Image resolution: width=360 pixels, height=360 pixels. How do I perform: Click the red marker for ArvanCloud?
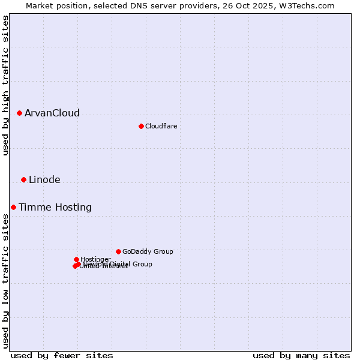pyautogui.click(x=19, y=113)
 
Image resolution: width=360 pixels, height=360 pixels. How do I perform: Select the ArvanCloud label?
pyautogui.click(x=52, y=113)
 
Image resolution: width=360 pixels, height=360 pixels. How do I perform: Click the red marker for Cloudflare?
pyautogui.click(x=141, y=126)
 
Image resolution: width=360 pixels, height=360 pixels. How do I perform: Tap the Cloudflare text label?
pyautogui.click(x=161, y=126)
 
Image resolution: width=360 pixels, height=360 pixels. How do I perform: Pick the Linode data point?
pyautogui.click(x=23, y=179)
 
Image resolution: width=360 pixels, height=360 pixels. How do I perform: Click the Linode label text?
pyautogui.click(x=44, y=180)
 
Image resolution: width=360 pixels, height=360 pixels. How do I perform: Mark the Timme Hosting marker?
pyautogui.click(x=13, y=207)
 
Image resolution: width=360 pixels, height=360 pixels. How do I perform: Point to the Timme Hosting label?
pyautogui.click(x=55, y=208)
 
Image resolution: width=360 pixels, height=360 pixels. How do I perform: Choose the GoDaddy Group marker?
pyautogui.click(x=118, y=251)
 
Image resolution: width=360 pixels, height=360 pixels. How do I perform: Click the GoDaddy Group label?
pyautogui.click(x=148, y=252)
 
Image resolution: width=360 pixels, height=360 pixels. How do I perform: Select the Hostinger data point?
pyautogui.click(x=76, y=259)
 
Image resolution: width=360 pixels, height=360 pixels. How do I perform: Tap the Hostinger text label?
pyautogui.click(x=95, y=259)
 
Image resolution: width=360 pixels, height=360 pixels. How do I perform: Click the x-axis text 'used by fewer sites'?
pyautogui.click(x=62, y=355)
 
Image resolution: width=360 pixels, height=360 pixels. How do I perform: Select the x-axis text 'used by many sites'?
pyautogui.click(x=301, y=355)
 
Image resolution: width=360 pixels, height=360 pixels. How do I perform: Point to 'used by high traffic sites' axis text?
pyautogui.click(x=6, y=86)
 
